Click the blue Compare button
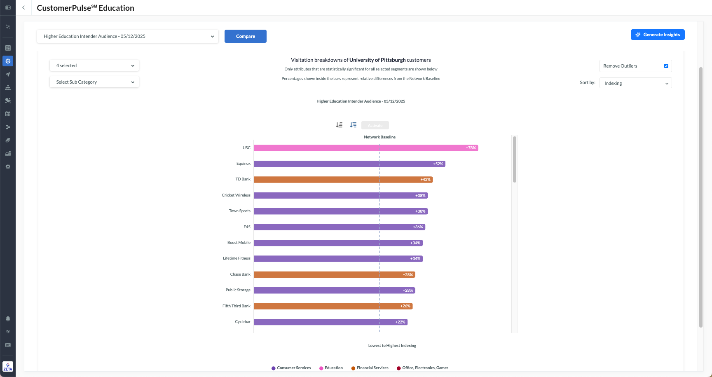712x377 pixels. (245, 36)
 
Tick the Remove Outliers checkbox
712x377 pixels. (666, 66)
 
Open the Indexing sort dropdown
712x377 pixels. (635, 83)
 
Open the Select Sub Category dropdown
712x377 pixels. (94, 82)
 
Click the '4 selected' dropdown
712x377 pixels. (94, 66)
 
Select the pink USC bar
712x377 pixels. (365, 148)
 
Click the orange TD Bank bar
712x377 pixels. (343, 180)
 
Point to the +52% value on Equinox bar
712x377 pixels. (438, 164)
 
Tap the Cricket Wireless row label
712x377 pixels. (236, 195)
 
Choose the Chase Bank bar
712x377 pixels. (334, 274)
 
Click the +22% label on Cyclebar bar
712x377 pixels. (400, 322)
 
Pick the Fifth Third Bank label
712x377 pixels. (237, 306)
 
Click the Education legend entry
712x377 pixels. (333, 368)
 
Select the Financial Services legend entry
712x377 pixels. (372, 368)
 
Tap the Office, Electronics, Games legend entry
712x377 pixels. (425, 368)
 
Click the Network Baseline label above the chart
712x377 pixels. (379, 137)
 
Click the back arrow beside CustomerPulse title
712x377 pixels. (23, 8)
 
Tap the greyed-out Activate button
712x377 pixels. (375, 125)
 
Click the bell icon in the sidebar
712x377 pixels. (8, 318)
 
